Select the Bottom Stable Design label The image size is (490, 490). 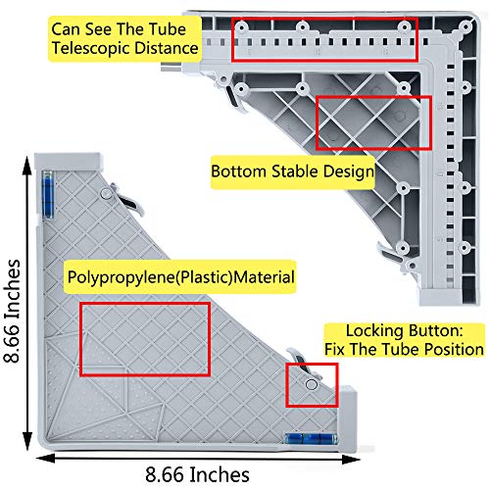[292, 171]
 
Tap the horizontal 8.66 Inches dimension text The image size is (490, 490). [197, 474]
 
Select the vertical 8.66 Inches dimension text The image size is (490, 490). [12, 311]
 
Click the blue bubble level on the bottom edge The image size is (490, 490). [311, 438]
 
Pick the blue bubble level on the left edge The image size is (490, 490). [48, 194]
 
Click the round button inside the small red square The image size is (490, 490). [312, 384]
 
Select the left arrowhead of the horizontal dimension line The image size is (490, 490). [46, 458]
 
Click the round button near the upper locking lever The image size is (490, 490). [106, 194]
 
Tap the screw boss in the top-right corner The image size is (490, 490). [465, 27]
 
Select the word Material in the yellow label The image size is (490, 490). [265, 277]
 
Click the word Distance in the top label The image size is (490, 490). [167, 48]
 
